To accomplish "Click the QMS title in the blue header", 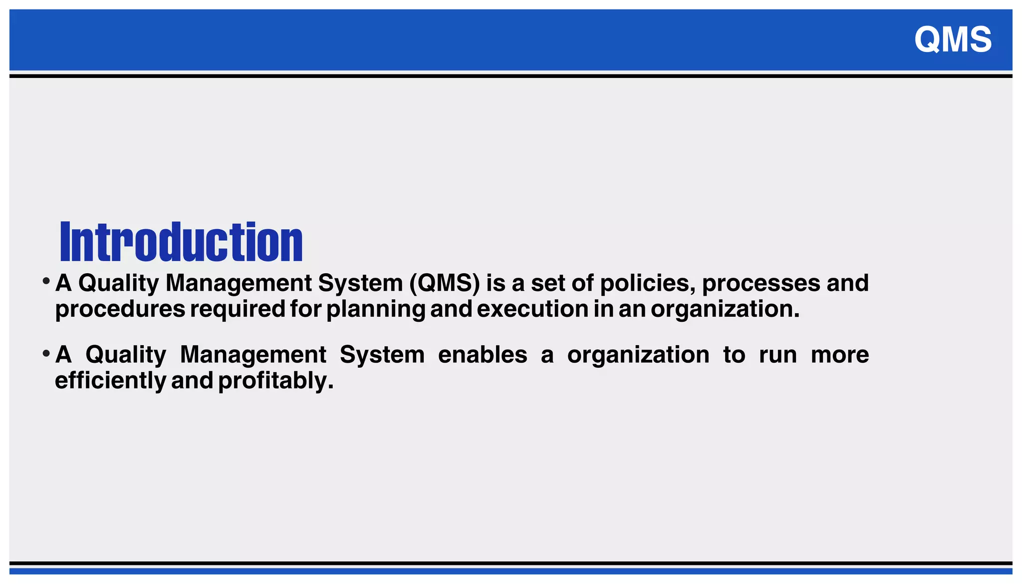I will (x=953, y=39).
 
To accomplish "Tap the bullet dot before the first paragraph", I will (x=46, y=281).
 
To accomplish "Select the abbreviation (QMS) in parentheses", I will (x=445, y=283).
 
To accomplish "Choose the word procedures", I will (x=120, y=309).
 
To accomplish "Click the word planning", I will (x=376, y=309).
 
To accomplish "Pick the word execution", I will (x=532, y=309).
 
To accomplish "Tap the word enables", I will (x=483, y=355).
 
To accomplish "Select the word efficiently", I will (x=110, y=381).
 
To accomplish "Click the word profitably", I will (x=275, y=381).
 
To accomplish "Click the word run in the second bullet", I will (x=778, y=355).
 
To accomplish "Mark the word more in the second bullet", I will (x=840, y=355).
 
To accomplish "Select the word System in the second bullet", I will (x=382, y=355).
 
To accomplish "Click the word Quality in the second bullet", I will (x=126, y=355).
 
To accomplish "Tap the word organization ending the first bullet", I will (x=725, y=309).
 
